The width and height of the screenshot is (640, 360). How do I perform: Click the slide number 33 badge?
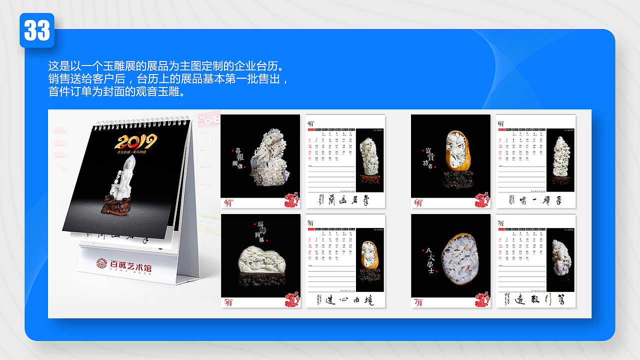37,30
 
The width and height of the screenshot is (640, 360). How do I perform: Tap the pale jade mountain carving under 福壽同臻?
260,260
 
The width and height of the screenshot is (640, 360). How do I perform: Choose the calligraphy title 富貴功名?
429,157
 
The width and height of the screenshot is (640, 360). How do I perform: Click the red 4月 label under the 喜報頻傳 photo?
228,203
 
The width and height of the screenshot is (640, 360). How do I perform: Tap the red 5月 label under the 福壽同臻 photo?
228,302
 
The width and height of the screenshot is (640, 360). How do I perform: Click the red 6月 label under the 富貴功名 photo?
418,203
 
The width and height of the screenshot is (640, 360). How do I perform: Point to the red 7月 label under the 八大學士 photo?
418,302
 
